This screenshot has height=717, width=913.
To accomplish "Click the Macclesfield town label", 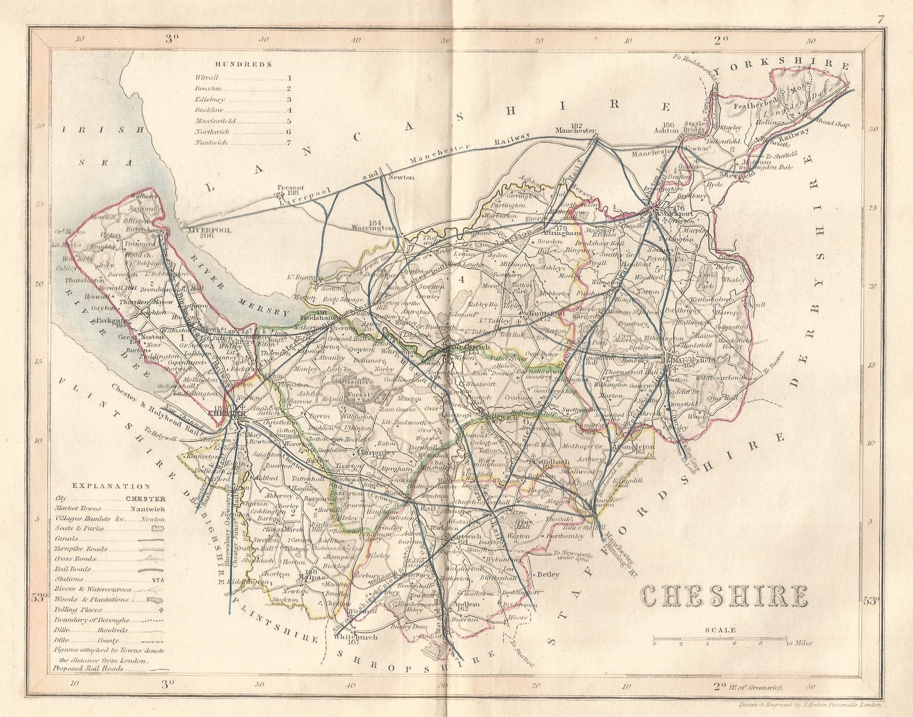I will pos(692,360).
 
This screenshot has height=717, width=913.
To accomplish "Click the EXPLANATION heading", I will pos(111,487).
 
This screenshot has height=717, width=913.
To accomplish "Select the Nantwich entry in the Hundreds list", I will pos(211,142).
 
